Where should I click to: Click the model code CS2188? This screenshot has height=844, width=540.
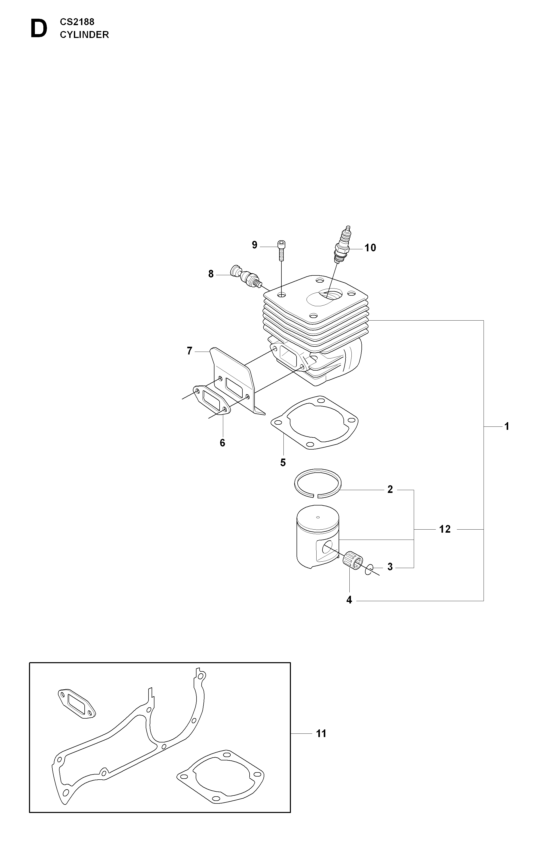pos(77,22)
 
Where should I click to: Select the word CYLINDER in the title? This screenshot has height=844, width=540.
pos(84,35)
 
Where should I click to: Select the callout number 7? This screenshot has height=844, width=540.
pos(190,351)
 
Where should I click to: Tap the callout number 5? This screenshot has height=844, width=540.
pos(283,463)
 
